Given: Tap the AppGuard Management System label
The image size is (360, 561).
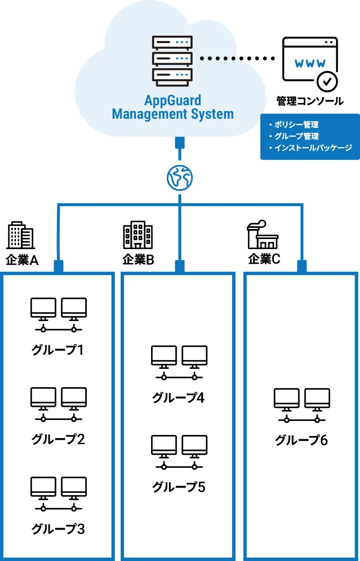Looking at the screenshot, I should coord(173,108).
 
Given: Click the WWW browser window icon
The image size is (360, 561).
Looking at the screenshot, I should coord(309,60).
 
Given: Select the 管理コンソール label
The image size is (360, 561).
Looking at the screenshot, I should coord(310,101).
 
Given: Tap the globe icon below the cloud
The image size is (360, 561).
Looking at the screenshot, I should coord(180,178).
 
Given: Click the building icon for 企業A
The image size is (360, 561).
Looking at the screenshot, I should coord(20,236).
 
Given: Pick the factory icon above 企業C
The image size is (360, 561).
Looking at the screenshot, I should coord(262,235).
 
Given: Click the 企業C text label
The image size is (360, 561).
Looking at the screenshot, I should coord(264,259).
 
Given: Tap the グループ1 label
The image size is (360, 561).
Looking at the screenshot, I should coord(58,350).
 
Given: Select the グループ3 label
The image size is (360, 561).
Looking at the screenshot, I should coord(58,529).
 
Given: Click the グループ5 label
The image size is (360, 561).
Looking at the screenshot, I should coord(179,487).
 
